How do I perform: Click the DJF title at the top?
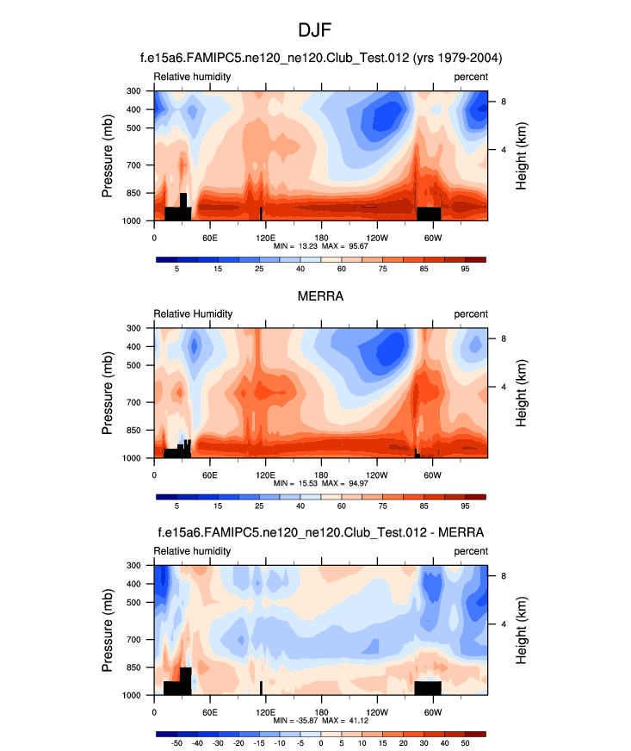coord(315,31)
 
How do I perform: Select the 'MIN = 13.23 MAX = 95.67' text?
coord(321,246)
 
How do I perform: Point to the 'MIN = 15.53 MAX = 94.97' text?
coord(321,484)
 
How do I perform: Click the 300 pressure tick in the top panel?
coord(135,90)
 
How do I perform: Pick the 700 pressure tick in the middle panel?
coord(135,402)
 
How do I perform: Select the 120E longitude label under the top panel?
coord(265,238)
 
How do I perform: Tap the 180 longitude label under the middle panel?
coord(321,475)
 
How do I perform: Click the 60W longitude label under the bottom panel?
coord(432,712)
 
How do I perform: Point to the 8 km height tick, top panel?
coord(504,102)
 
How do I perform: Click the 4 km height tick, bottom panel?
coord(504,624)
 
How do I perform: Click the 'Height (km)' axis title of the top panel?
coord(522,156)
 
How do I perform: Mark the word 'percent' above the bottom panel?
coord(471,551)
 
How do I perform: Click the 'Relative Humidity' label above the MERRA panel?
coord(193,313)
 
